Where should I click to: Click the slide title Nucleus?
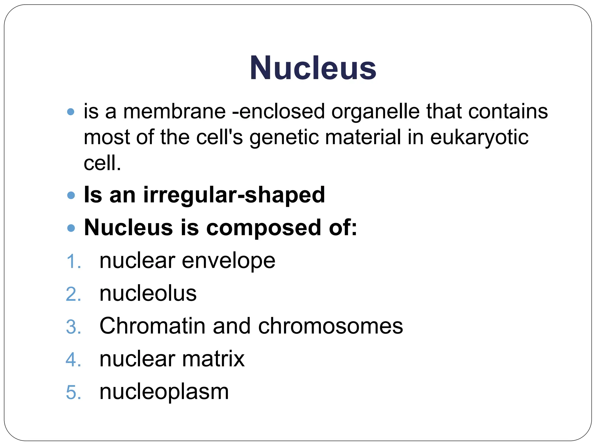pyautogui.click(x=313, y=68)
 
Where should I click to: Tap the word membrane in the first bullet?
pyautogui.click(x=174, y=111)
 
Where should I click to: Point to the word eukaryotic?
pyautogui.click(x=479, y=138)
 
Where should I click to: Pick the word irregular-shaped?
pyautogui.click(x=234, y=195)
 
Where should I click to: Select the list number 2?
pyautogui.click(x=73, y=294)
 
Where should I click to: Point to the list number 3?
pyautogui.click(x=73, y=327)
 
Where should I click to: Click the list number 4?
pyautogui.click(x=73, y=360)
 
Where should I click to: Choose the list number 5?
pyautogui.click(x=73, y=392)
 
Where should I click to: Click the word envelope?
pyautogui.click(x=228, y=261)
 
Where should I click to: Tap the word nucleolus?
pyautogui.click(x=148, y=293)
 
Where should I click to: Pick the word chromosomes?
pyautogui.click(x=330, y=326)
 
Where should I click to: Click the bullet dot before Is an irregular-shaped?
pyautogui.click(x=71, y=195)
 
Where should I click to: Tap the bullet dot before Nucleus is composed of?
pyautogui.click(x=71, y=228)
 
